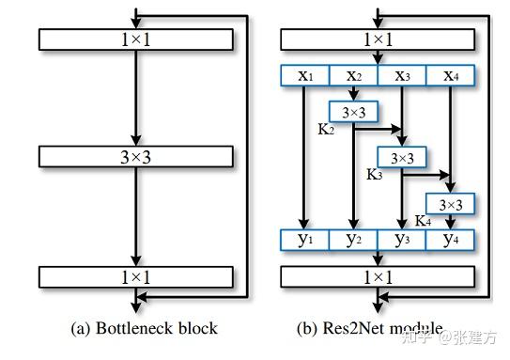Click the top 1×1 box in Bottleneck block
[136, 39]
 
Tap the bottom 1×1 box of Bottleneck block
[136, 276]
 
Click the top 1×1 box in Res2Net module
[378, 39]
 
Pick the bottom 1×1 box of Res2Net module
[378, 276]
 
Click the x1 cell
[304, 76]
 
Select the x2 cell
[353, 76]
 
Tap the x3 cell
[402, 76]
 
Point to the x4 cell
[451, 76]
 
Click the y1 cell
[304, 240]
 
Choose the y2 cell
[353, 240]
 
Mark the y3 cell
[402, 240]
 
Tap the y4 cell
[451, 240]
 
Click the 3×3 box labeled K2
[353, 112]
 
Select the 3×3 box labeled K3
[402, 157]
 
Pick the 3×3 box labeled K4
[451, 202]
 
